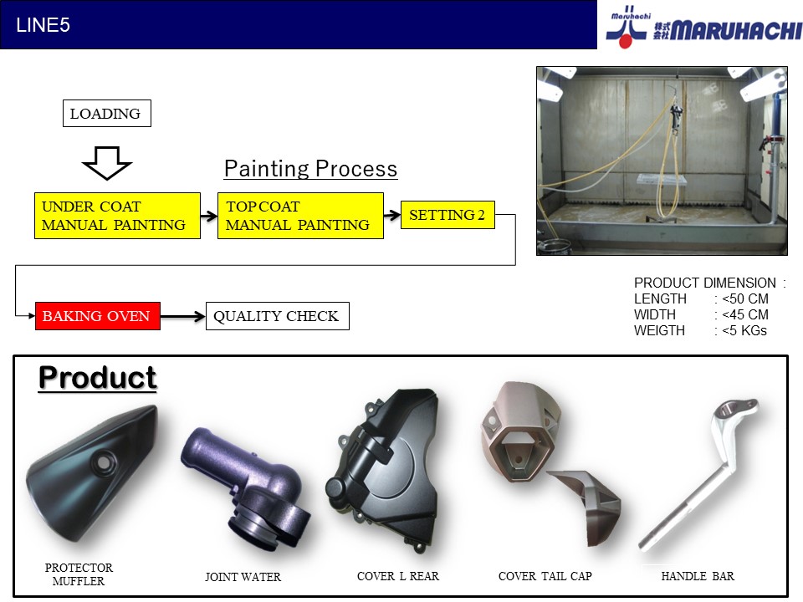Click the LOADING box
(x=106, y=113)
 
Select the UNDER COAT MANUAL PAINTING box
(x=117, y=216)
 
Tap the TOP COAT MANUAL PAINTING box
(x=300, y=216)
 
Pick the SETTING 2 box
(x=448, y=215)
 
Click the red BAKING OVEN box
(x=97, y=316)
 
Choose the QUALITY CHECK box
(x=278, y=316)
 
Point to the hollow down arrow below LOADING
(x=107, y=163)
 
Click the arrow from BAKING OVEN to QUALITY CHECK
(x=183, y=317)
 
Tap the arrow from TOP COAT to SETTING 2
(x=392, y=215)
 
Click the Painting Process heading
(x=311, y=168)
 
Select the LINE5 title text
(x=43, y=25)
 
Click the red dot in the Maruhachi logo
(x=626, y=41)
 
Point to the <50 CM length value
(x=745, y=298)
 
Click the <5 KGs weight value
(x=744, y=330)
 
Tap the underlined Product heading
(x=97, y=378)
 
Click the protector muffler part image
(x=92, y=473)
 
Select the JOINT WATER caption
(x=243, y=577)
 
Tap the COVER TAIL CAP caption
(x=545, y=576)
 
